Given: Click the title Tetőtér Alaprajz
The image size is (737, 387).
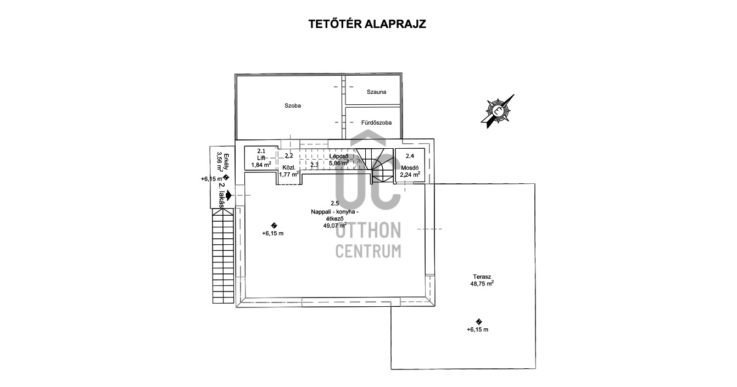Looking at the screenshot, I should coord(368,24).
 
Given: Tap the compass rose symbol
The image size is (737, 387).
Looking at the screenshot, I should coord(498,109).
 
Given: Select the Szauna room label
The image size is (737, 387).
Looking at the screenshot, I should coord(376,92).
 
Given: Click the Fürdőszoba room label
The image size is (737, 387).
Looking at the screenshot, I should coord(376,122).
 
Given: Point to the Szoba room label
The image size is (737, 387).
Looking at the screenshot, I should coord(293,105).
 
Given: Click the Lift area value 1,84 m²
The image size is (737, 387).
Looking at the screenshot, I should coord(261,165).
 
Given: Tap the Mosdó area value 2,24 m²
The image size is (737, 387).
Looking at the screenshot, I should coord(410,175).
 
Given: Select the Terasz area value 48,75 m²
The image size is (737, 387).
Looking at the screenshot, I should coord(482,284).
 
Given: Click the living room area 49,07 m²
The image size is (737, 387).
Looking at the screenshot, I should coord(334,225).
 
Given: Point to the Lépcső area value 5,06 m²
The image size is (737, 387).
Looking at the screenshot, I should coord(338,163).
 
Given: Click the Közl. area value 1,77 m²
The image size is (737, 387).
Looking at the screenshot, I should coord(288,174).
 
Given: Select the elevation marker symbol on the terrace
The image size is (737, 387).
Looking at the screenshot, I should coord(479,322).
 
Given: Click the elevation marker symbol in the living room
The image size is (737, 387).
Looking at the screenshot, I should coord(274,225).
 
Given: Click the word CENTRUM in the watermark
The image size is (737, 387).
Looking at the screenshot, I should coord(368,251).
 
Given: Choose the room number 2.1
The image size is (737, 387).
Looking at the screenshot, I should coord(261,151).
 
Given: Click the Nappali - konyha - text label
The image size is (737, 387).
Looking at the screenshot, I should coord(334,212).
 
